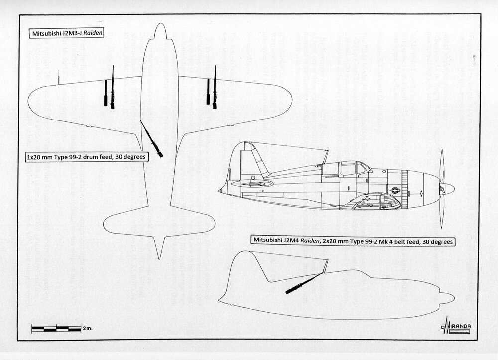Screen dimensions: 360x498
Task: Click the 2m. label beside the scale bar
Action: (88, 329)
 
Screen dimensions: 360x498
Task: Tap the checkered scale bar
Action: (56, 329)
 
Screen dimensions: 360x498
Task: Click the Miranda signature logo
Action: (456, 327)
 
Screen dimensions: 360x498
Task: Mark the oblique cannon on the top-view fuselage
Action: (151, 139)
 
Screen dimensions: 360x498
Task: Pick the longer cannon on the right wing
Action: (215, 88)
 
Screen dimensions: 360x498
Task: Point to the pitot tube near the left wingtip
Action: (58, 77)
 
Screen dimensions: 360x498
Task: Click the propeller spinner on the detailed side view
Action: (447, 189)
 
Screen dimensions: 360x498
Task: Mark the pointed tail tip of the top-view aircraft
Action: (159, 257)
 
